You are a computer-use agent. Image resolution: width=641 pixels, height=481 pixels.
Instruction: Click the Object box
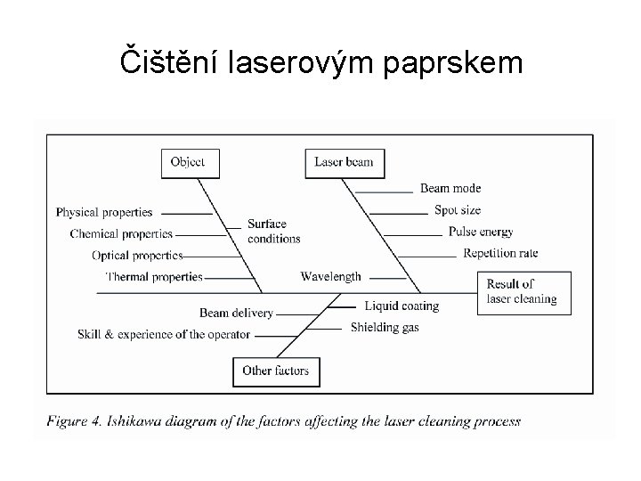188,162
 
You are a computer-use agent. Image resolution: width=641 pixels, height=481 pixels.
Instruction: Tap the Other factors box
276,371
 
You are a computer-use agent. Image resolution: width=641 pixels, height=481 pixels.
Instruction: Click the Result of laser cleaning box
522,291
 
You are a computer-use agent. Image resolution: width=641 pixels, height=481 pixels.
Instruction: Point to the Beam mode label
450,188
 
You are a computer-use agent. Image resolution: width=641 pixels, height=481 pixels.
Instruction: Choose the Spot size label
458,210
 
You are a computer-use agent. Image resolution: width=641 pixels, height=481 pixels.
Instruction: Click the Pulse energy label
481,232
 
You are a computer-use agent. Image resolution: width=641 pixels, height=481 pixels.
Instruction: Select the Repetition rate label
500,254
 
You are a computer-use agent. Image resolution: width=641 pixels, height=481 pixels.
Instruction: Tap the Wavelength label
330,276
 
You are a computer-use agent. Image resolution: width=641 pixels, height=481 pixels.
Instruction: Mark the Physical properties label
104,212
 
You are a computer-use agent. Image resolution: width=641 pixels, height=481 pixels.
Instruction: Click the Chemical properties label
121,233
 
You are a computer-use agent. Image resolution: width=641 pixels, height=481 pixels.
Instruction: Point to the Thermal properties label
154,277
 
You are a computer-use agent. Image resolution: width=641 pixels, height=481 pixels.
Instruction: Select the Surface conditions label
273,232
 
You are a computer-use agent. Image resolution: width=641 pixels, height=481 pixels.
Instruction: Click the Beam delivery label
236,313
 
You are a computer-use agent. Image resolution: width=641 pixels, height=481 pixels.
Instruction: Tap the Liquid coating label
402,306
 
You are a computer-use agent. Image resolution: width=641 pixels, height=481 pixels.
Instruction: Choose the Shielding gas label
385,327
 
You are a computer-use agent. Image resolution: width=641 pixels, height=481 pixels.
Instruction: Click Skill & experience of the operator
165,334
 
